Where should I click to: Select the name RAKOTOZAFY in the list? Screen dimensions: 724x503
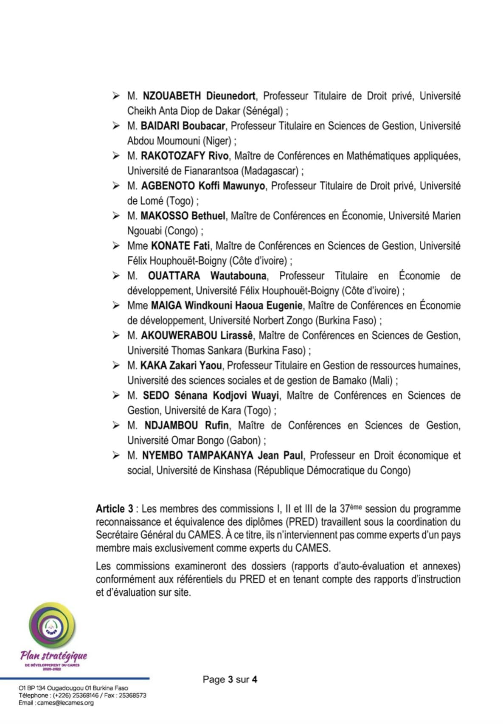click(x=173, y=156)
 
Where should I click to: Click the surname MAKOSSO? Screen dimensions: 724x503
click(x=164, y=216)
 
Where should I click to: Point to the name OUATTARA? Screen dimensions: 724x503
click(x=174, y=276)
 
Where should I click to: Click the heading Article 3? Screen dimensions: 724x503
click(x=114, y=509)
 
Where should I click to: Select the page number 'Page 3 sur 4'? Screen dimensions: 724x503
click(x=230, y=679)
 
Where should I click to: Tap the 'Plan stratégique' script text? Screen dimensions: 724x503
click(x=53, y=656)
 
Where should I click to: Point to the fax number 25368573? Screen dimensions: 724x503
click(x=132, y=696)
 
